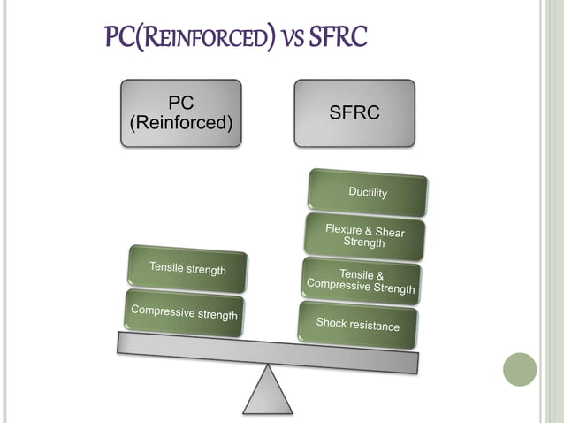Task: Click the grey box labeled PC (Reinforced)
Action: click(181, 112)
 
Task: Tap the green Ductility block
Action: click(368, 192)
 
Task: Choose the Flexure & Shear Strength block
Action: click(364, 236)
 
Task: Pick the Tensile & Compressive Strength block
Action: click(361, 281)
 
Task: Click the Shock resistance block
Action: click(358, 325)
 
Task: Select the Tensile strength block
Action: click(187, 269)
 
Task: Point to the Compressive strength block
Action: click(184, 311)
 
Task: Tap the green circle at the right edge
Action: click(520, 369)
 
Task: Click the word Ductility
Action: click(368, 192)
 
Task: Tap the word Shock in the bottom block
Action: click(334, 323)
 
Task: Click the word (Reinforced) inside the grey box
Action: click(181, 124)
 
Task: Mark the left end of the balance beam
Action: click(122, 342)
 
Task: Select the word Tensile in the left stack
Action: click(168, 267)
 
